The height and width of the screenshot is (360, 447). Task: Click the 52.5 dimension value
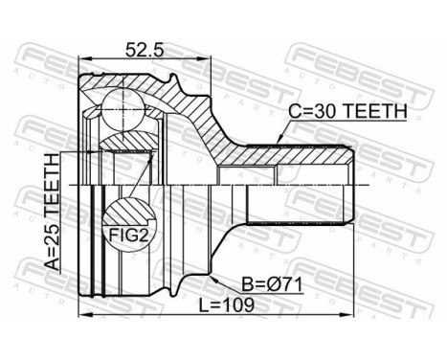tap(145, 50)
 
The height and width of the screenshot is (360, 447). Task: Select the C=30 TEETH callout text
tap(347, 111)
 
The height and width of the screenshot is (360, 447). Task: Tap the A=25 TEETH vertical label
tap(52, 212)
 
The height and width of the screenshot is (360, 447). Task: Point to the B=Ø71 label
tap(272, 284)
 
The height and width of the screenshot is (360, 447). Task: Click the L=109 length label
tap(227, 304)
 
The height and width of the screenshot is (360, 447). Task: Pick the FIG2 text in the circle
tap(129, 236)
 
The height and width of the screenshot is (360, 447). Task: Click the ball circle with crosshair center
tap(123, 109)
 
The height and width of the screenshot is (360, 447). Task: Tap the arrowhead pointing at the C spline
tap(279, 140)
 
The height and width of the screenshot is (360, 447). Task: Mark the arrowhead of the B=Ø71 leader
tap(214, 280)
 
